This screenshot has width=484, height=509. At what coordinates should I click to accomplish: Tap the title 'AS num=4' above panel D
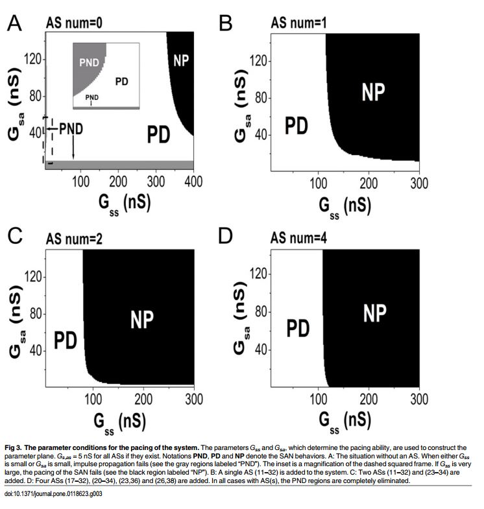point(300,237)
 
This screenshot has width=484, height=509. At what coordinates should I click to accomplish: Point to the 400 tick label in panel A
point(193,181)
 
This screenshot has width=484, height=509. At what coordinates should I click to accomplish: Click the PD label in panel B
point(296,126)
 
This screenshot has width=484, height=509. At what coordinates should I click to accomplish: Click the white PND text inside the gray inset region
point(88,64)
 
